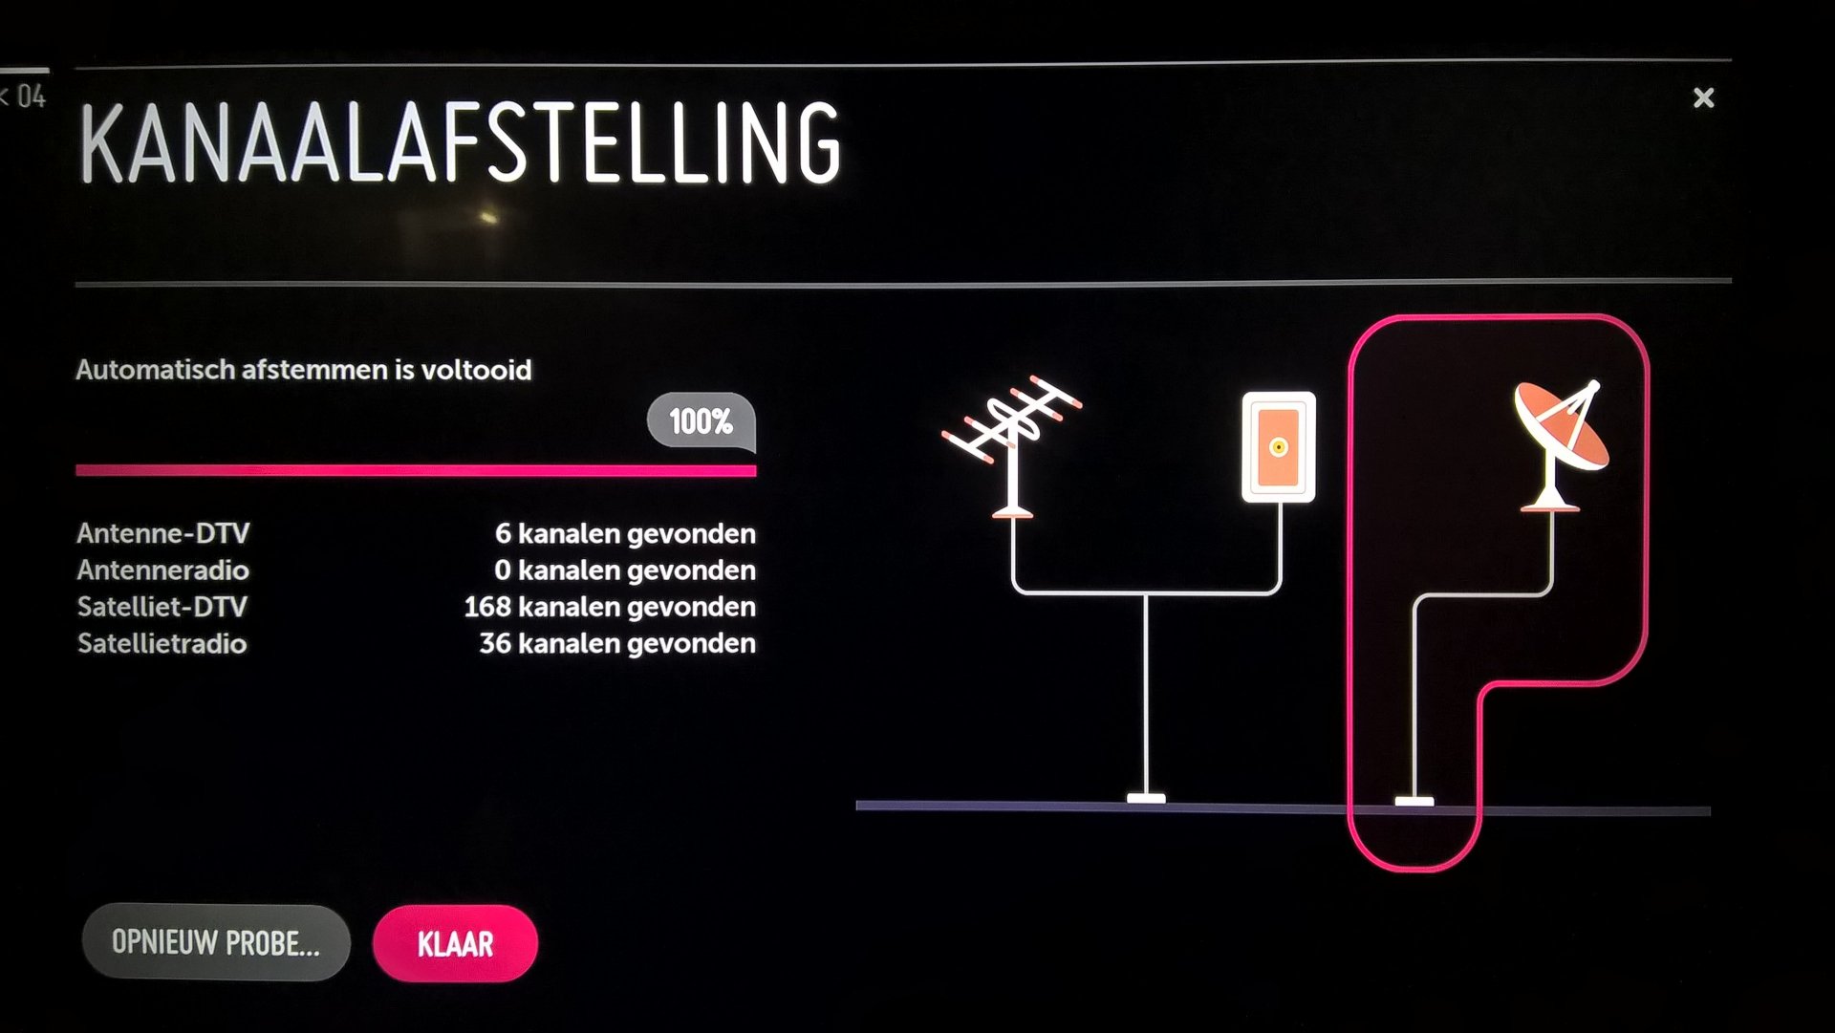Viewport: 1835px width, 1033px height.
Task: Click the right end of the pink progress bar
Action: pos(755,470)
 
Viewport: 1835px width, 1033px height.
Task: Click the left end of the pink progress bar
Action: pos(77,470)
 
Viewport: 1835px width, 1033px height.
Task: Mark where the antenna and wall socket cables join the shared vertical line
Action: pos(1146,593)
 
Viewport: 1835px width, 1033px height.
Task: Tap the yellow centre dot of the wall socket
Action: pos(1278,446)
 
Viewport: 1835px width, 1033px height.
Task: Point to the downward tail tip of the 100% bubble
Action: pos(753,452)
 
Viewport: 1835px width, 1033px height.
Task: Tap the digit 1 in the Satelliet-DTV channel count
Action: pos(470,607)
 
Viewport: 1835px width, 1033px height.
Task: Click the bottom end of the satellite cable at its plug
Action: pos(1414,801)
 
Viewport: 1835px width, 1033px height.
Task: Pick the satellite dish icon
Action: pos(1560,445)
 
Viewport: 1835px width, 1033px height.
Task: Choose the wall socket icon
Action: pos(1278,446)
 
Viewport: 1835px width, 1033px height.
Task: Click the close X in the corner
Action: pos(1703,97)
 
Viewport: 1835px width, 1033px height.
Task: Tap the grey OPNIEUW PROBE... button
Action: pos(216,942)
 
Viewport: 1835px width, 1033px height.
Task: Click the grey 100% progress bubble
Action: pos(701,421)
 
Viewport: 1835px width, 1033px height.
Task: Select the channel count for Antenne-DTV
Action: pos(625,533)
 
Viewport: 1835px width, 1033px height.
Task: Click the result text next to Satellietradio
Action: pos(617,643)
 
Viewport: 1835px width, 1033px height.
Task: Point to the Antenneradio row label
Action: pos(162,570)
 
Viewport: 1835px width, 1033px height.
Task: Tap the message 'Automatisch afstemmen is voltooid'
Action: pos(304,370)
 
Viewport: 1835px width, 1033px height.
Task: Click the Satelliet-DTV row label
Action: pos(162,607)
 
